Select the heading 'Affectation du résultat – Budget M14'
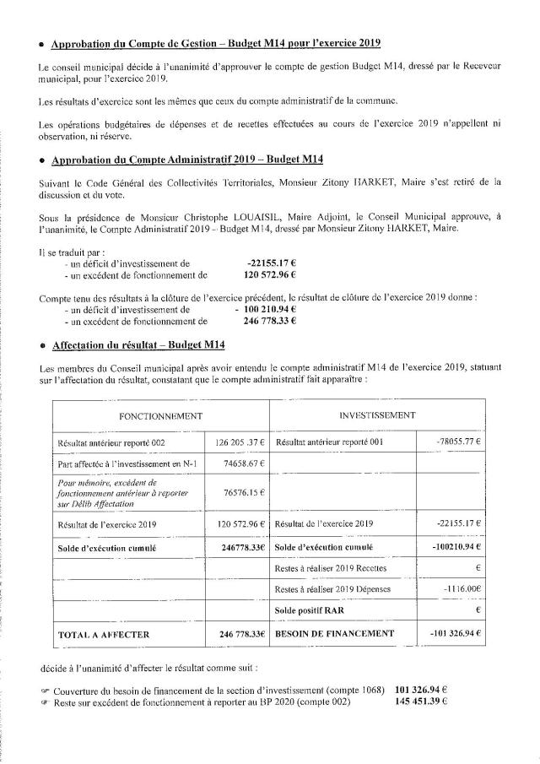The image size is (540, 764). (135, 344)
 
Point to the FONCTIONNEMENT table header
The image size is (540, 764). (159, 415)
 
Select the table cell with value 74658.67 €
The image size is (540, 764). (246, 463)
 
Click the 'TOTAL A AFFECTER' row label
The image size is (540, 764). (103, 633)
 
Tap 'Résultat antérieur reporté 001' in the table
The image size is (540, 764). (329, 442)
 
